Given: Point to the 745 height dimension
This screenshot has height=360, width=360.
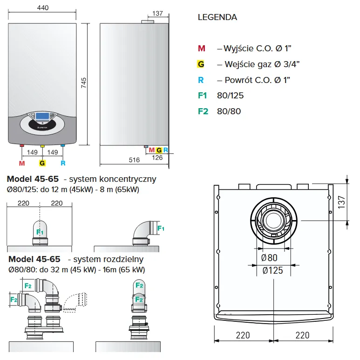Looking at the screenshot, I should (84, 83).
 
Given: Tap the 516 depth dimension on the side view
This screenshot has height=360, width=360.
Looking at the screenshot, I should (134, 160).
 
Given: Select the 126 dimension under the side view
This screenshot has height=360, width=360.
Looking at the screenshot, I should (157, 158).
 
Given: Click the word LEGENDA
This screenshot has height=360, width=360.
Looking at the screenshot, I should (217, 18).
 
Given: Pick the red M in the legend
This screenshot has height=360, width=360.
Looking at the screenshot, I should (201, 48).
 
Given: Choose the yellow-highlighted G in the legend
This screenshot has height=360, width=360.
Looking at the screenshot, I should (201, 64).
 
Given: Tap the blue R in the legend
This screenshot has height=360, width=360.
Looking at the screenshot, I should (201, 80).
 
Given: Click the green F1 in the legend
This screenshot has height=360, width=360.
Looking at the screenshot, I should (202, 96).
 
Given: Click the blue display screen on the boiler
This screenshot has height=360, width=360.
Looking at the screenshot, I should (43, 116).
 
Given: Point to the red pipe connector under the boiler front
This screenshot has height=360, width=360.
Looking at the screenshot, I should (22, 146).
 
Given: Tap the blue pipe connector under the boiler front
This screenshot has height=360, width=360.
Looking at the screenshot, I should (63, 146).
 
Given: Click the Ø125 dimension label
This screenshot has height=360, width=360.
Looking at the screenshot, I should (272, 270).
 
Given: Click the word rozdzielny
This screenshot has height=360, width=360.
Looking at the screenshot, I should (123, 259).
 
